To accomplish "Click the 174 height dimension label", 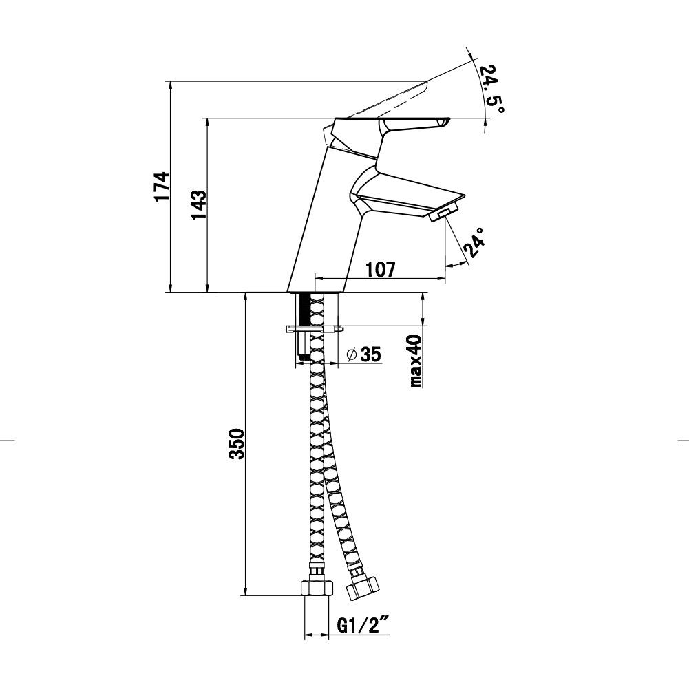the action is [162, 186].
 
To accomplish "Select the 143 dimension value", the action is [199, 205].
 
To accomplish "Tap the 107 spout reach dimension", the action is [381, 269].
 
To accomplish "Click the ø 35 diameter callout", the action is [364, 354].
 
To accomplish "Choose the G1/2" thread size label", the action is [364, 625].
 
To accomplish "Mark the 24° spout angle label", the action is [474, 242].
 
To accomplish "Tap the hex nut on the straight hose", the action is [317, 588].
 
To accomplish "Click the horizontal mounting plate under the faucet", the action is [315, 328].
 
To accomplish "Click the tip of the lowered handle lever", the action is [447, 120].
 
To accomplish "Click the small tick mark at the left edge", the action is [8, 439].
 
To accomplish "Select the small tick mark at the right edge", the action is [683, 439].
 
